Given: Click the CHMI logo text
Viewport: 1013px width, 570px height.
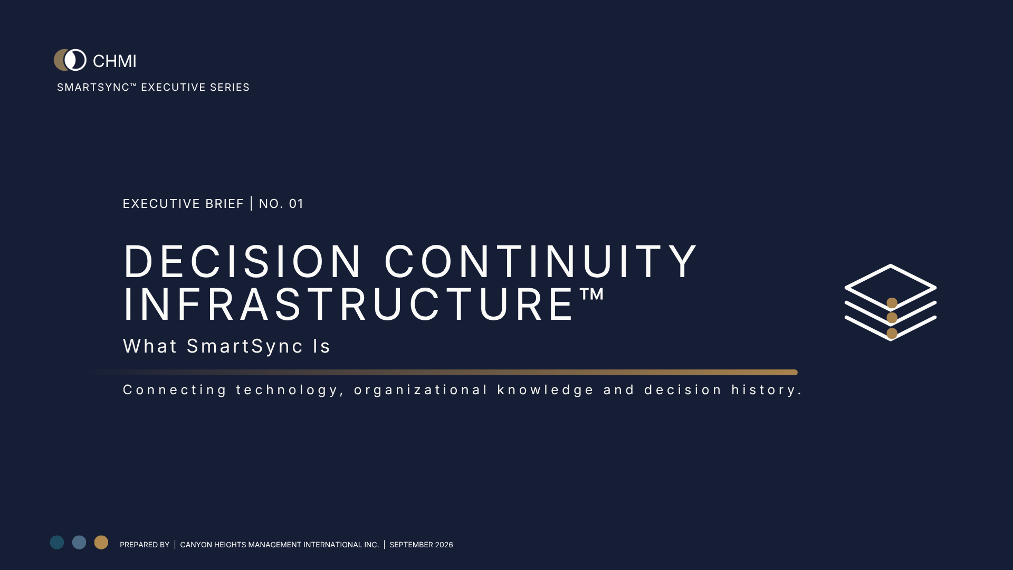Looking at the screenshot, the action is (114, 61).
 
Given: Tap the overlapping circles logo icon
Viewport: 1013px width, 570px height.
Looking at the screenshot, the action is (70, 60).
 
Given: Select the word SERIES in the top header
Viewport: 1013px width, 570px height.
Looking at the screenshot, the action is (230, 87).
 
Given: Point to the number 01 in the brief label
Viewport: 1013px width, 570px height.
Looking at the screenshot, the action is (296, 204).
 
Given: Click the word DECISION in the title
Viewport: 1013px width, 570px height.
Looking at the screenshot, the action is (243, 261).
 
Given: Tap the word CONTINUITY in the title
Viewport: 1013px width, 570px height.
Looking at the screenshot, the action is (541, 261).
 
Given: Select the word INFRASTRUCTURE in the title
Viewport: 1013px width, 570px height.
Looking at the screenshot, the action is (349, 305).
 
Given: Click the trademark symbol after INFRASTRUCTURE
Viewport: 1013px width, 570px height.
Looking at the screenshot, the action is (591, 294).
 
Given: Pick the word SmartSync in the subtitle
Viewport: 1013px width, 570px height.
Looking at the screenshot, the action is (245, 346).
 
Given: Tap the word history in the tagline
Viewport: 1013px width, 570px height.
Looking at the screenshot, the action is (766, 390).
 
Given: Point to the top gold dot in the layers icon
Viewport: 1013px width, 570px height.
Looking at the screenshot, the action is (892, 303).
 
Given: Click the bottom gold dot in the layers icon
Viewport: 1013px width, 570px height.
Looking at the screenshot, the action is (892, 334).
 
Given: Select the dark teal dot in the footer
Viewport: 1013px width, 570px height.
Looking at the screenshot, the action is (57, 543).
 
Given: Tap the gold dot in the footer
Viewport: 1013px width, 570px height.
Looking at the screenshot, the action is (101, 543).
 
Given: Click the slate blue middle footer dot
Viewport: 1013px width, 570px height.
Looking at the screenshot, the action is (79, 543).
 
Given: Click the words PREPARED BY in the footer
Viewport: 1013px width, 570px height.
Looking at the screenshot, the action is (145, 545).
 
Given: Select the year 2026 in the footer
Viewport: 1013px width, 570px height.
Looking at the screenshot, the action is (444, 545).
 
